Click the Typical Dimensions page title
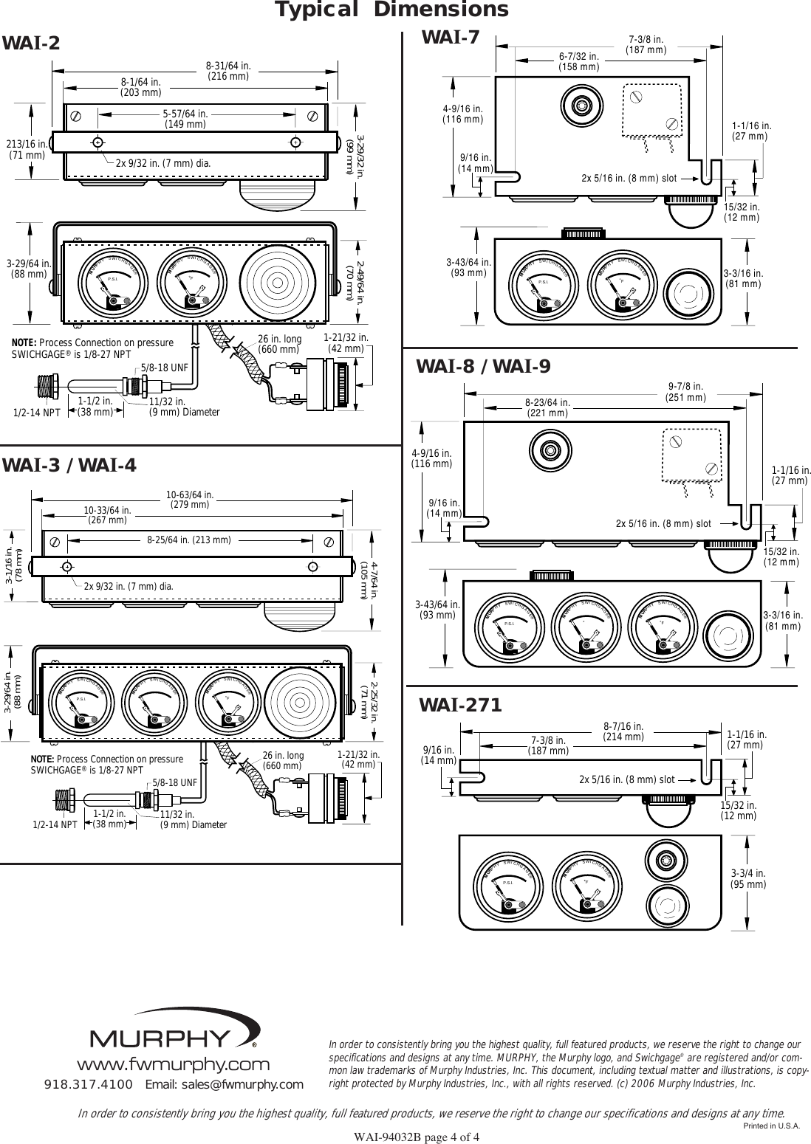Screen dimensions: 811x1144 (x=391, y=10)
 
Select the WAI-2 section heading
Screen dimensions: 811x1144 (x=31, y=44)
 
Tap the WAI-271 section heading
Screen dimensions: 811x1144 (x=460, y=706)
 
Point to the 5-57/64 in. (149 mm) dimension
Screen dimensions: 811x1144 (x=184, y=119)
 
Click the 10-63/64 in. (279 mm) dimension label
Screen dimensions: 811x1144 (x=190, y=500)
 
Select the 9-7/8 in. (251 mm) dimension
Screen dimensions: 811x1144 (x=685, y=391)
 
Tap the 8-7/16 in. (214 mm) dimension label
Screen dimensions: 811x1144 (x=623, y=731)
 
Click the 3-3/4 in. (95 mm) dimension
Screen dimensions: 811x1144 (x=748, y=878)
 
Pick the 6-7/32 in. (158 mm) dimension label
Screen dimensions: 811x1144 (x=578, y=61)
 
